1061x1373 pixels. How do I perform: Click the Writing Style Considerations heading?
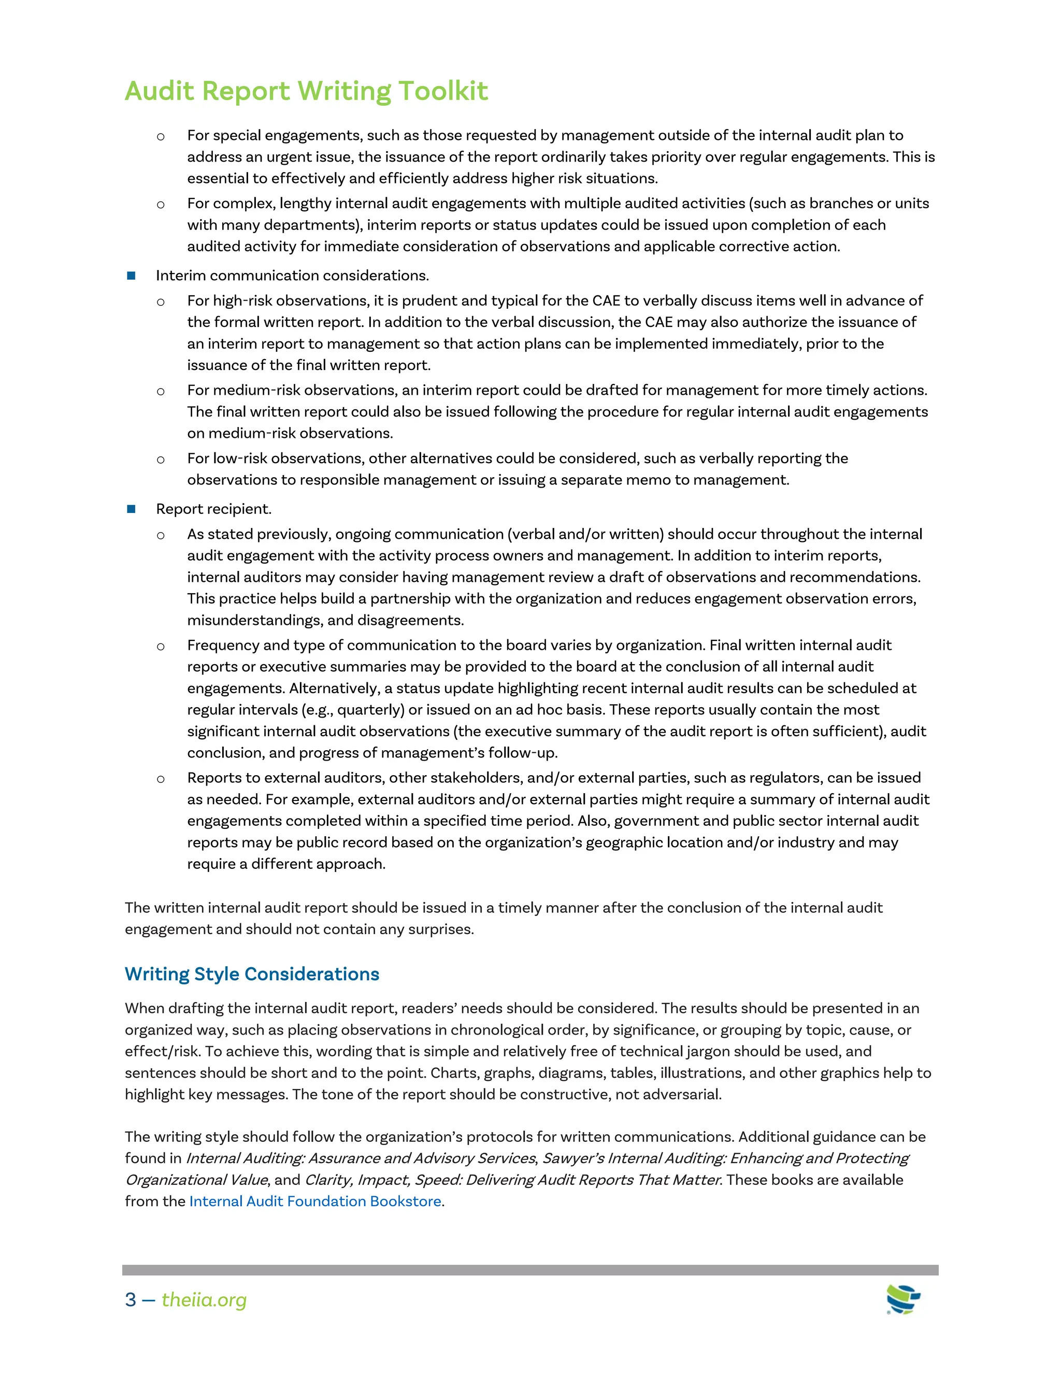(x=251, y=974)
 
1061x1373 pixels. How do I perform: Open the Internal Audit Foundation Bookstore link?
(x=315, y=1202)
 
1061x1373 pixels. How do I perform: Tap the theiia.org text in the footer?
(x=204, y=1299)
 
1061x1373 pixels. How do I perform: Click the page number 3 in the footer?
(x=131, y=1299)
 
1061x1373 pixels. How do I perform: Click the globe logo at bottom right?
(x=902, y=1299)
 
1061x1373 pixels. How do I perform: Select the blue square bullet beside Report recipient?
(x=132, y=509)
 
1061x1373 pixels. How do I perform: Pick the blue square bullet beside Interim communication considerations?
(x=132, y=275)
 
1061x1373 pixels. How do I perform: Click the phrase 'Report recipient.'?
(x=214, y=509)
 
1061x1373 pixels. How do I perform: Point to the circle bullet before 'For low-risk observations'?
(x=161, y=460)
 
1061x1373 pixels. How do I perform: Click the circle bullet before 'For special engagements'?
(x=161, y=136)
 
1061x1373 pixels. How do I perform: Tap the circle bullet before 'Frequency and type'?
(x=161, y=646)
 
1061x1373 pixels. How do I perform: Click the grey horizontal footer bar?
(x=530, y=1270)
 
